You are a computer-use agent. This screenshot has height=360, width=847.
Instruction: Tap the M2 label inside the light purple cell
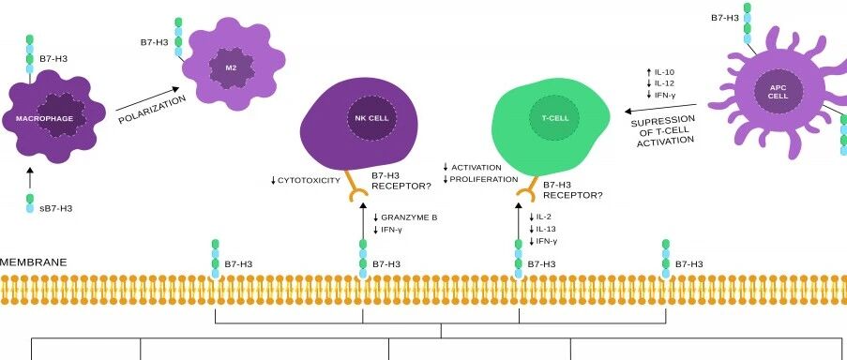(x=231, y=68)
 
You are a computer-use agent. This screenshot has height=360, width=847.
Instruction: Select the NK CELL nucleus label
(x=371, y=118)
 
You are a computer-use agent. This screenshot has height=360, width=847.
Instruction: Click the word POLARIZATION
(x=152, y=110)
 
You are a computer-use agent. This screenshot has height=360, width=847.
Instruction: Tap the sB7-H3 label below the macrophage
(x=56, y=208)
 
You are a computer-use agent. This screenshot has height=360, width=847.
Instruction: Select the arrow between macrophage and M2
(x=147, y=98)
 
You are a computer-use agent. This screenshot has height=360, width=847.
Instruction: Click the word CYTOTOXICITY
(x=309, y=180)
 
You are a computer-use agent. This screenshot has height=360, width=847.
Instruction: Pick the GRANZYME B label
(x=409, y=217)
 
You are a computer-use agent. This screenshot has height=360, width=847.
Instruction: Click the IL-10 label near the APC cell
(x=664, y=72)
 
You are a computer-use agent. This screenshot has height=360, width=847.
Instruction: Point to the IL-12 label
(x=664, y=83)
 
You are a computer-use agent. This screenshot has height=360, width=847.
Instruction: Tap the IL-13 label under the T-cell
(x=546, y=229)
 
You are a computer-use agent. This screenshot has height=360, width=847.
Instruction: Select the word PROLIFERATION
(x=484, y=179)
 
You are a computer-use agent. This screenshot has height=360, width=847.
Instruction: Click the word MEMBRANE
(x=34, y=262)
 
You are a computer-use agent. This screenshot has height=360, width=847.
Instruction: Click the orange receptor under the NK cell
(x=357, y=188)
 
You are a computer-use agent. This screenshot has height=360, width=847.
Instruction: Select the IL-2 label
(x=543, y=217)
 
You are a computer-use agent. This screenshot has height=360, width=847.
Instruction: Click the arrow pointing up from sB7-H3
(x=30, y=178)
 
